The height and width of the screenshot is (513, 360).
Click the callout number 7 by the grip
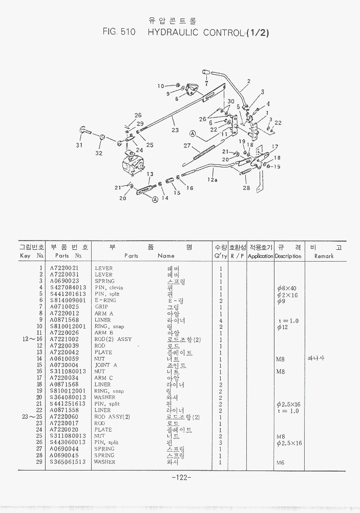click(206, 83)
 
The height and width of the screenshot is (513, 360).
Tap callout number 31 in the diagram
click(79, 145)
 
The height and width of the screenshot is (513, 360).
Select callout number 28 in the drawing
click(246, 188)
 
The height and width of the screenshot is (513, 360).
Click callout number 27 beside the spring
click(187, 145)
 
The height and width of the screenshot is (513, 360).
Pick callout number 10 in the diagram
click(160, 85)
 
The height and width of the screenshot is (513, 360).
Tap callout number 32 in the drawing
click(99, 153)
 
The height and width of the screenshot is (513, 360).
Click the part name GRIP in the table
click(102, 307)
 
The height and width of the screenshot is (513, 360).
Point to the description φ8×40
click(286, 288)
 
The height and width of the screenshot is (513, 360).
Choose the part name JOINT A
click(106, 365)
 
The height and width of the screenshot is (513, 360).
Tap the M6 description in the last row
click(280, 462)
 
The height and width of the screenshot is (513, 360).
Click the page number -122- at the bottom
click(181, 478)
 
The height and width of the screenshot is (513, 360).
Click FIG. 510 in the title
click(119, 33)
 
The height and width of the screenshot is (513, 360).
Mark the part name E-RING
click(105, 301)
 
